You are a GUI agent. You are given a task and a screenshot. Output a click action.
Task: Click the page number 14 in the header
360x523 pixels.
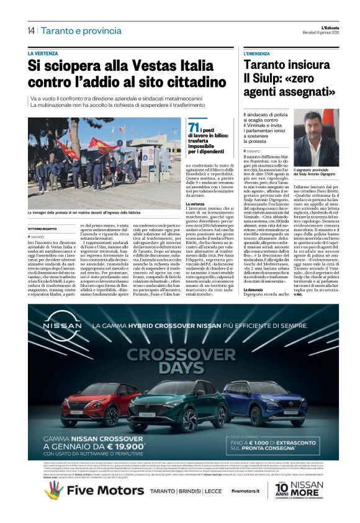pos(30,30)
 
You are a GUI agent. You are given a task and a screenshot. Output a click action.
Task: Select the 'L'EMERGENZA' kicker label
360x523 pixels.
pos(257,54)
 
